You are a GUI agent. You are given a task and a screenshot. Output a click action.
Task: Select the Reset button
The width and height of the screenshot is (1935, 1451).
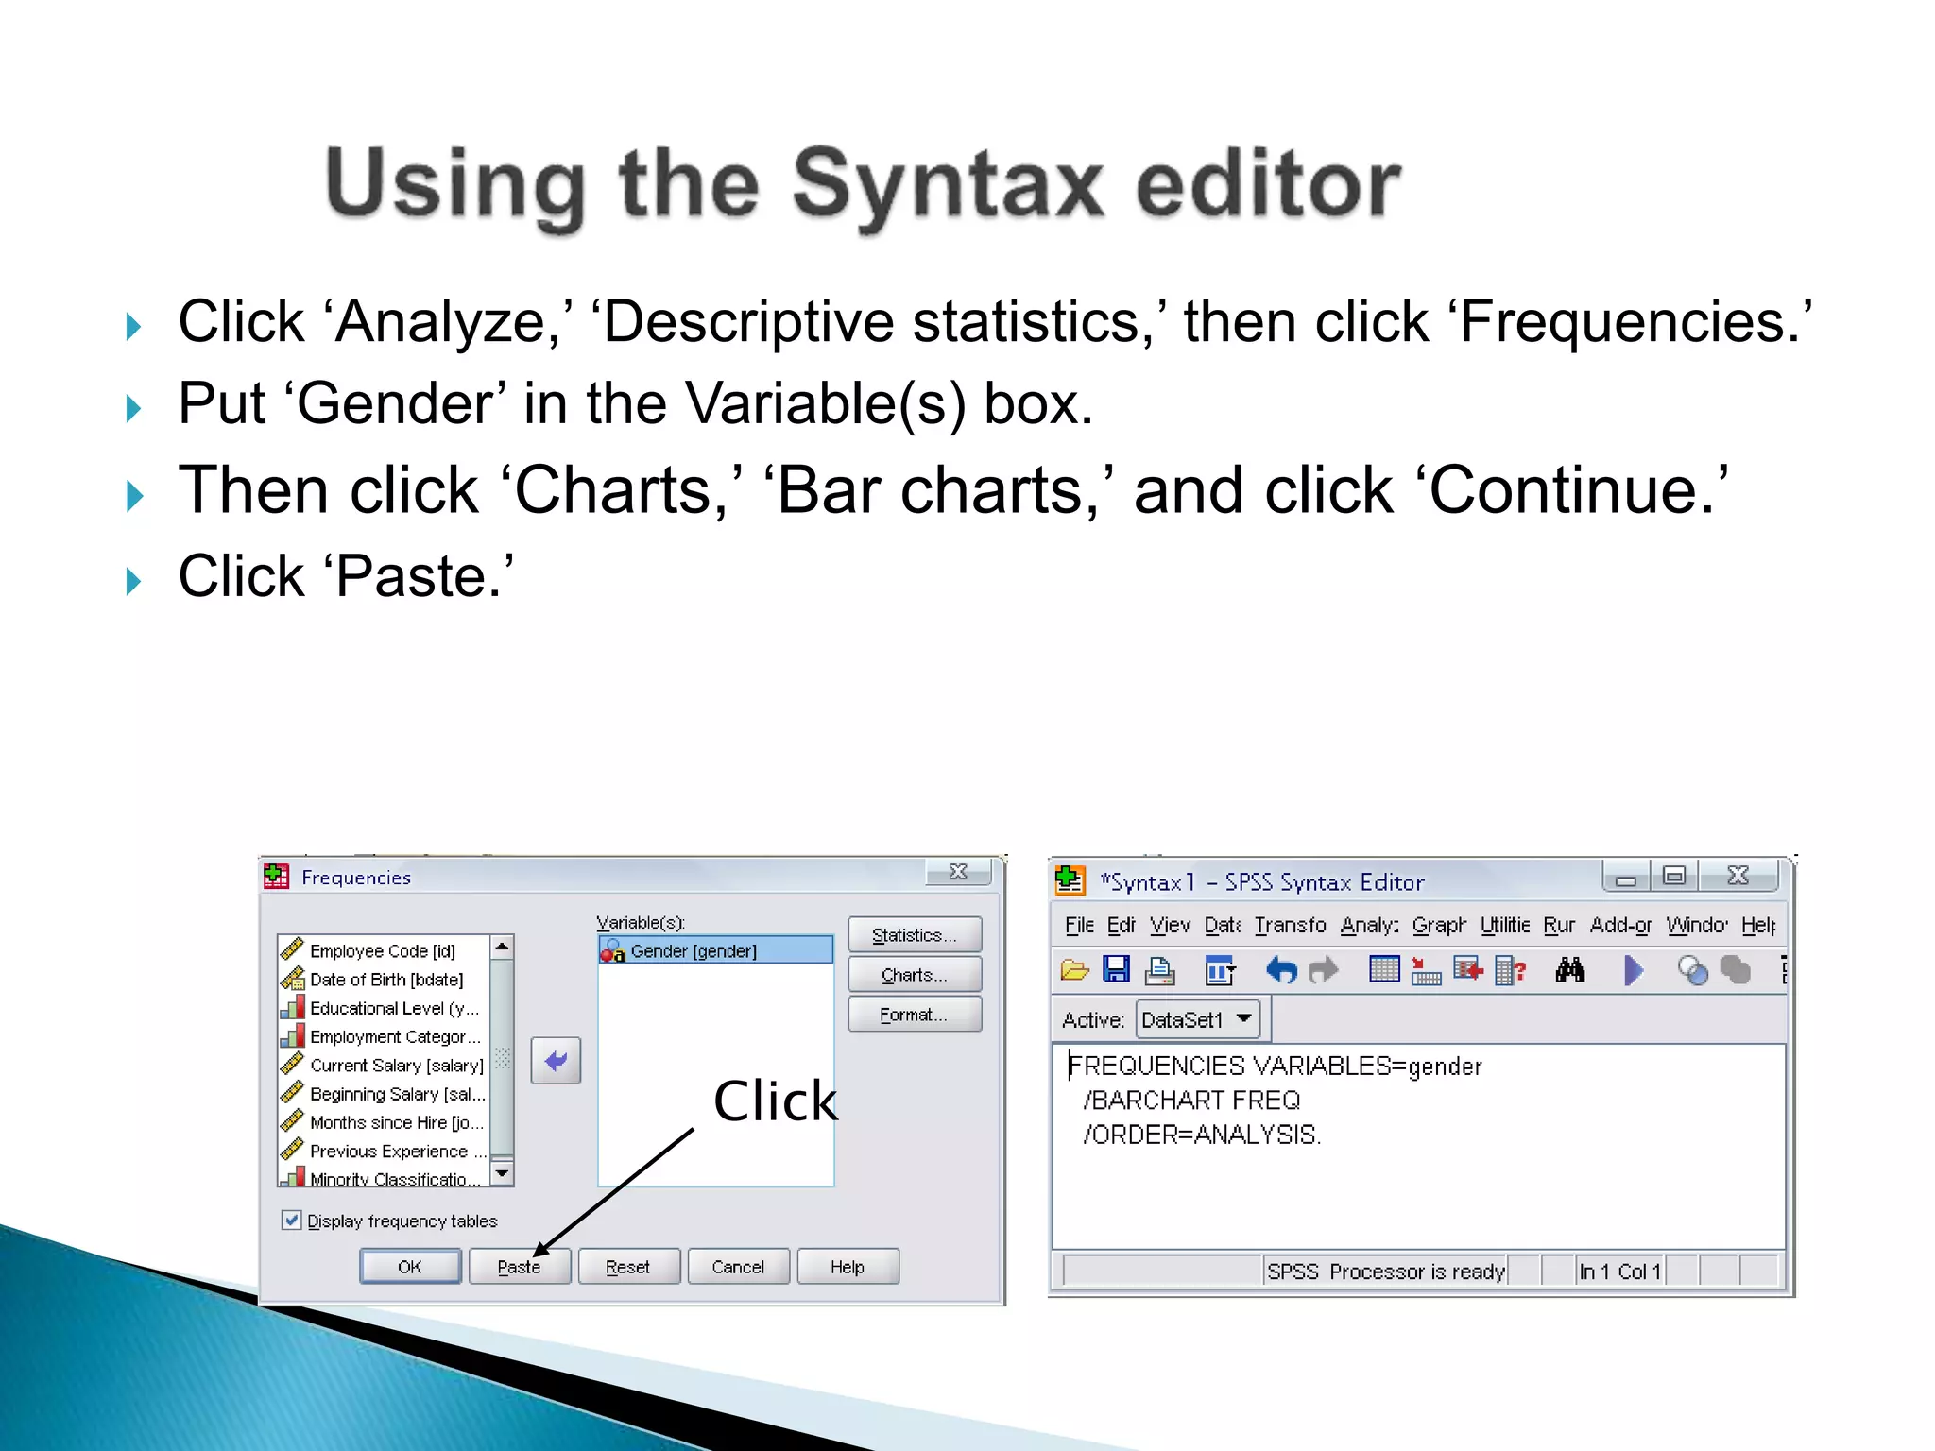click(628, 1267)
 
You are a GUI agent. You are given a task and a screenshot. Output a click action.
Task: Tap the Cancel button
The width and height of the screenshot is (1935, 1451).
click(738, 1267)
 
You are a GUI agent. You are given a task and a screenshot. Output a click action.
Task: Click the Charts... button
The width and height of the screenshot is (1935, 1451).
click(914, 975)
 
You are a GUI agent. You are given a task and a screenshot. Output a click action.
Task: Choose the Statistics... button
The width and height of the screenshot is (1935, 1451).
click(914, 935)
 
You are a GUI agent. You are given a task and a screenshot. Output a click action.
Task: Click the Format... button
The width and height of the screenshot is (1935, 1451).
click(914, 1015)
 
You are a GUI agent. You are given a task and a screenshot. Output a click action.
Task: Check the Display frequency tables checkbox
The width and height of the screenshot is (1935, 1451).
click(292, 1221)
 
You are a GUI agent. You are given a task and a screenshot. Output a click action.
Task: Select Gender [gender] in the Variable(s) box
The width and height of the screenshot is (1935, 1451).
click(694, 951)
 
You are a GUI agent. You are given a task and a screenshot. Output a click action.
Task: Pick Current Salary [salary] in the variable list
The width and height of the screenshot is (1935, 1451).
click(396, 1066)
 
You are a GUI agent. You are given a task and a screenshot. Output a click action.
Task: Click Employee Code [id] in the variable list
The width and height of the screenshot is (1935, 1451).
click(382, 951)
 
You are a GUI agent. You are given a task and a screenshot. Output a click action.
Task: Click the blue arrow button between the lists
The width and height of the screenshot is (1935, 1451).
click(556, 1061)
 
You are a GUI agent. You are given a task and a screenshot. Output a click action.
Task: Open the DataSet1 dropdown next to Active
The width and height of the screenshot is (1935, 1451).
click(1244, 1018)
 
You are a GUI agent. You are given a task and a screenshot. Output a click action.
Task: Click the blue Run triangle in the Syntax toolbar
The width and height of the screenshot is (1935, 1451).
click(1633, 970)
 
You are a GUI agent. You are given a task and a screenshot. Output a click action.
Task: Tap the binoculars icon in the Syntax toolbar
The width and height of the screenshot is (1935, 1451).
click(1570, 970)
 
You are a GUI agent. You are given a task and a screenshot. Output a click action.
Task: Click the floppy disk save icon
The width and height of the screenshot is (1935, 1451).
click(1117, 970)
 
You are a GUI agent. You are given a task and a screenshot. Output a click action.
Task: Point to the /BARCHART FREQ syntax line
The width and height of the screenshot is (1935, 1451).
click(1192, 1101)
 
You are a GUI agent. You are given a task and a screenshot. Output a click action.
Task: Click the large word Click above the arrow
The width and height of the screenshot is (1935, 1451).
click(775, 1101)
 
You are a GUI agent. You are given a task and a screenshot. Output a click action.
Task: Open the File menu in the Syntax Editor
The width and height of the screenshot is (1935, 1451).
click(1078, 925)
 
